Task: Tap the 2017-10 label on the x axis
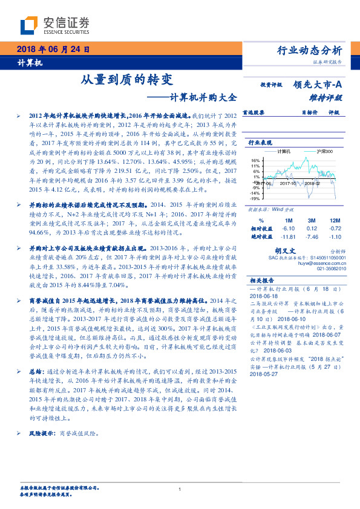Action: (291, 182)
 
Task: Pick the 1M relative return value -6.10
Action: (288, 229)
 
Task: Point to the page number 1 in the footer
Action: (180, 490)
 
